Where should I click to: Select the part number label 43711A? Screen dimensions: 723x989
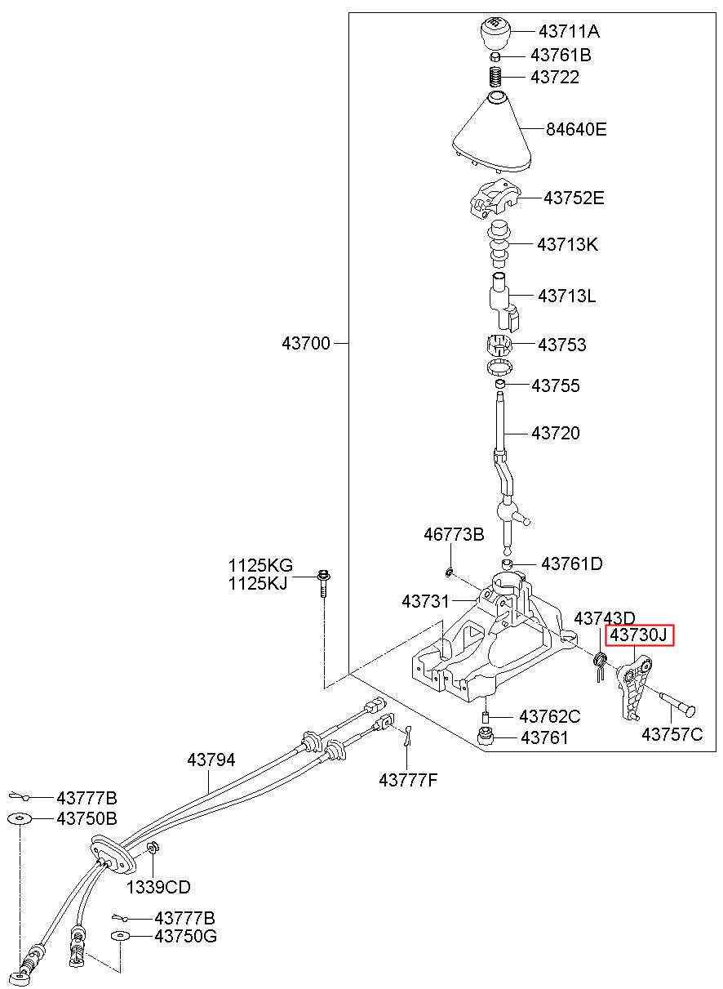pyautogui.click(x=569, y=32)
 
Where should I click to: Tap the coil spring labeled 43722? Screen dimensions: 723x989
pyautogui.click(x=496, y=77)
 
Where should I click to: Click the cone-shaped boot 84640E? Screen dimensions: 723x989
pyautogui.click(x=493, y=133)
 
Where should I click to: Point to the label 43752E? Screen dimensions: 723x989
pyautogui.click(x=574, y=198)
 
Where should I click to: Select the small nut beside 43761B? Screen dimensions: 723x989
pyautogui.click(x=495, y=56)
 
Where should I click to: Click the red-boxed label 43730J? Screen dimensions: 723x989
pyautogui.click(x=639, y=635)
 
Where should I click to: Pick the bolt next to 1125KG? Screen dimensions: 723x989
pyautogui.click(x=324, y=585)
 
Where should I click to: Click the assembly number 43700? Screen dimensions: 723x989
pyautogui.click(x=306, y=343)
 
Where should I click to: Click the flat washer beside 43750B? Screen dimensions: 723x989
pyautogui.click(x=20, y=819)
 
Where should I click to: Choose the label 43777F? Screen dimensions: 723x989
pyautogui.click(x=408, y=781)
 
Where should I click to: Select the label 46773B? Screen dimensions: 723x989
pyautogui.click(x=454, y=534)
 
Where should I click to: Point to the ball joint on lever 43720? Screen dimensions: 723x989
pyautogui.click(x=507, y=512)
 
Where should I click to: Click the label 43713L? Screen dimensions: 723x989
pyautogui.click(x=567, y=296)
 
